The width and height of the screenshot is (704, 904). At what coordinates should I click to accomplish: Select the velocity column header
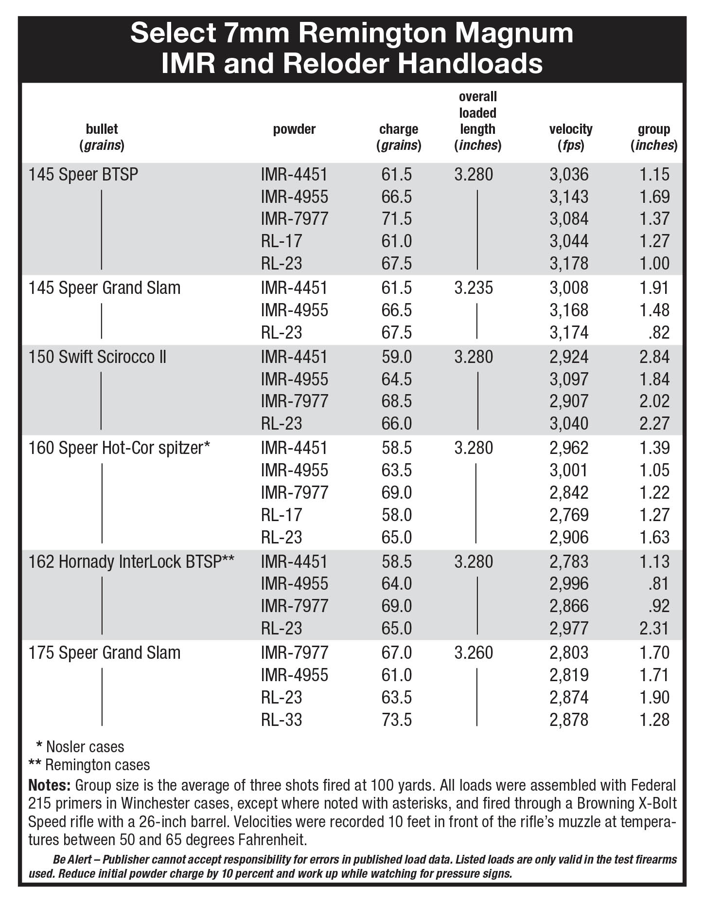[571, 137]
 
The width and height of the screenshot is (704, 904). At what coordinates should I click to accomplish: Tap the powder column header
[294, 129]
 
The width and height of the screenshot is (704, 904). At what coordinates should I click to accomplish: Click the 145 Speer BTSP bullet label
[83, 174]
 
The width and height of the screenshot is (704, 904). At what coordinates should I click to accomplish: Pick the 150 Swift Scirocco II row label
[97, 357]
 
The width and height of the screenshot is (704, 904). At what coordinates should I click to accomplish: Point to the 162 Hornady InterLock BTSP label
[131, 561]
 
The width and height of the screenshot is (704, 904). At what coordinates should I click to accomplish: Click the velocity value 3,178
[569, 263]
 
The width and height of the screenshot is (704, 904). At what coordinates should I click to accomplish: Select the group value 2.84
[654, 357]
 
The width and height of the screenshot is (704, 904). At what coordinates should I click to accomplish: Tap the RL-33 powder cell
[282, 719]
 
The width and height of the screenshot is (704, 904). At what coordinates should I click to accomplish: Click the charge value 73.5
[396, 719]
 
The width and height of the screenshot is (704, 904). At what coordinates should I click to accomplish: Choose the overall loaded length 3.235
[474, 288]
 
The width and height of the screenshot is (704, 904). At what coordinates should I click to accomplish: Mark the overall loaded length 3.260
[474, 652]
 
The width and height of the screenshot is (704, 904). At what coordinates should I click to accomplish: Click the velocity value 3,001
[569, 470]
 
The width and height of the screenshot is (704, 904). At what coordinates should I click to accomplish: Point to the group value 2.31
[654, 628]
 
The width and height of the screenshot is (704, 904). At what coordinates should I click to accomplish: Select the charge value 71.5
[396, 218]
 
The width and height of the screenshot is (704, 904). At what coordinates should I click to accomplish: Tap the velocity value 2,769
[569, 515]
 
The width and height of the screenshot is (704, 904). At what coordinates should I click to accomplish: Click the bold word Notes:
[50, 785]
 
